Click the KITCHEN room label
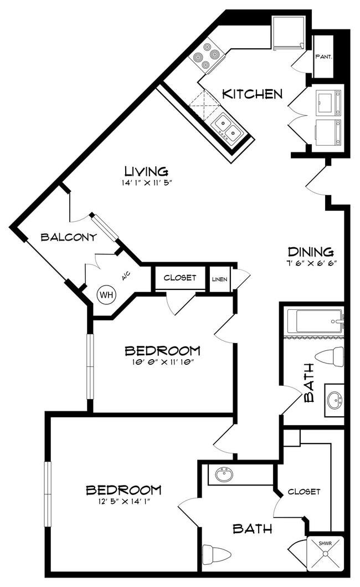pos(252,94)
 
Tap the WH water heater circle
pos(107,295)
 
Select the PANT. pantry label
pos(323,57)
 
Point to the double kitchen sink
pos(228,127)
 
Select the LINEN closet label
pos(220,279)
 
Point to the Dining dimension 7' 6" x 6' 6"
pos(310,262)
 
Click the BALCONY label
pos(69,237)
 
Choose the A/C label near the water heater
pos(126,277)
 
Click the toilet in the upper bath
pos(330,357)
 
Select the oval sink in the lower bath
pos(224,474)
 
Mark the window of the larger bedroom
pos(48,494)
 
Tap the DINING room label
pos(311,252)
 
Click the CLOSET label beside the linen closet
pos(180,278)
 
